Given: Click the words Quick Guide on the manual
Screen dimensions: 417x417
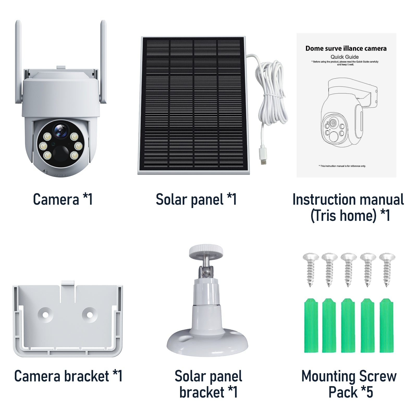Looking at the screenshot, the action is (345, 57).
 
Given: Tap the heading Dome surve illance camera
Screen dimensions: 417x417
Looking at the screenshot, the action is (346, 48).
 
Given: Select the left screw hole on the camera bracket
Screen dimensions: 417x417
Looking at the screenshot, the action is (45, 315).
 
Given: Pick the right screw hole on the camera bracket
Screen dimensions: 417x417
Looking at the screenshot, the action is (89, 315).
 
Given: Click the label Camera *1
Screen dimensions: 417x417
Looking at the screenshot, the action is (63, 199).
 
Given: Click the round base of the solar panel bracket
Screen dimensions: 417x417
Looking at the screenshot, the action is (207, 343).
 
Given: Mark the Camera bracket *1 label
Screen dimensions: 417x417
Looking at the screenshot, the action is (68, 376).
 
